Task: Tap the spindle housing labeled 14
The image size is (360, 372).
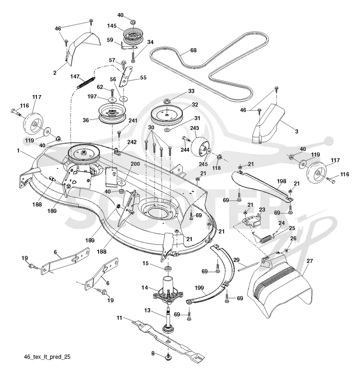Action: pyautogui.click(x=168, y=290)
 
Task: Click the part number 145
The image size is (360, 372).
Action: pyautogui.click(x=112, y=26)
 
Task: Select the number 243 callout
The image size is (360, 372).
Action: pyautogui.click(x=194, y=128)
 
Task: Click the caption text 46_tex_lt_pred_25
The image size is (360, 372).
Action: pyautogui.click(x=47, y=357)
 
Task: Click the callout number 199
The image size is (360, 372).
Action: pyautogui.click(x=199, y=288)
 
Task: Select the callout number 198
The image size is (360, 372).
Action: pyautogui.click(x=281, y=181)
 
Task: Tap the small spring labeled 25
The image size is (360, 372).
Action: pyautogui.click(x=266, y=238)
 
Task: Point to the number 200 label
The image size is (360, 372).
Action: pyautogui.click(x=135, y=163)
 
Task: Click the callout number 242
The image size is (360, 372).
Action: pyautogui.click(x=132, y=142)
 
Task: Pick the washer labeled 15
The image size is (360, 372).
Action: pyautogui.click(x=168, y=268)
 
